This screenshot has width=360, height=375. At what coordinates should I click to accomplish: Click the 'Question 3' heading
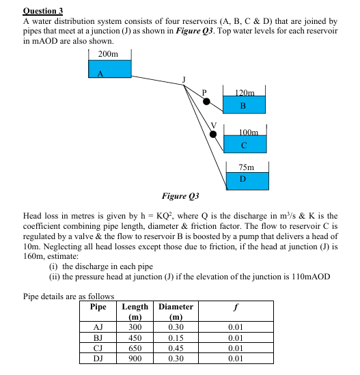(42, 10)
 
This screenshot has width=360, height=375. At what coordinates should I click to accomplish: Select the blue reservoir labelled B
(243, 106)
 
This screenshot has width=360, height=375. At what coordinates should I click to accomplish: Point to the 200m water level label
(107, 53)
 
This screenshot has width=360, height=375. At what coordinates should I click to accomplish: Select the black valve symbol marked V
(214, 134)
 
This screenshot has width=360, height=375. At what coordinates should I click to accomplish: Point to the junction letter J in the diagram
(182, 80)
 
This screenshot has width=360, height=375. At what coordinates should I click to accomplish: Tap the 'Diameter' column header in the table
(176, 307)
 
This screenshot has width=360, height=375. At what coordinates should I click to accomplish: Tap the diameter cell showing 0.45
(176, 347)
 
